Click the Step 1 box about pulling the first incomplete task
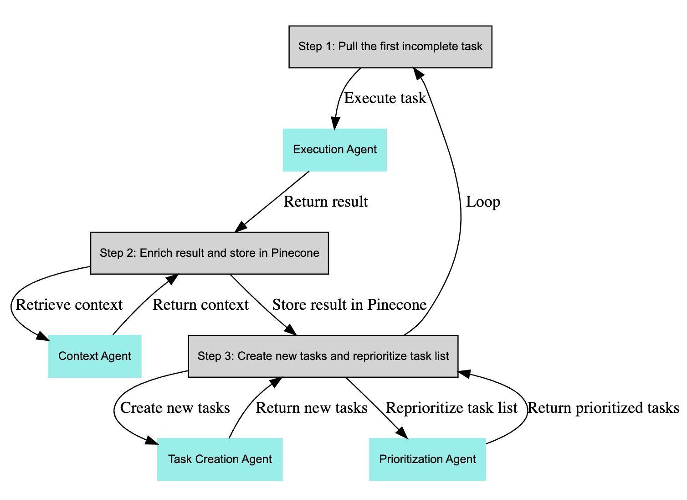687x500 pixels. click(x=390, y=47)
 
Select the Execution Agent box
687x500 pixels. click(x=335, y=150)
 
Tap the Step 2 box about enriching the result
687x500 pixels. click(x=210, y=253)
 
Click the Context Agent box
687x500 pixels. click(x=95, y=356)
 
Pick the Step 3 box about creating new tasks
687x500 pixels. click(x=323, y=356)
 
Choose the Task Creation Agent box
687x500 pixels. click(x=220, y=459)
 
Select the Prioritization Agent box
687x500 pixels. click(x=427, y=459)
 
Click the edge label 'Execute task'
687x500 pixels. click(x=385, y=98)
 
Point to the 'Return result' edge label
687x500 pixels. click(x=326, y=202)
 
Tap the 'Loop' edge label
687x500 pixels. click(x=483, y=202)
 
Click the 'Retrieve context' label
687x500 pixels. click(x=69, y=305)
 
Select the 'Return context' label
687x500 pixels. click(x=200, y=305)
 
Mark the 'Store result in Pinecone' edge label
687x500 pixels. click(x=349, y=305)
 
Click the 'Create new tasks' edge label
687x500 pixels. click(x=175, y=408)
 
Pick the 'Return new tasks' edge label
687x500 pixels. click(x=312, y=408)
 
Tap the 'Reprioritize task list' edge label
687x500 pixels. click(x=451, y=408)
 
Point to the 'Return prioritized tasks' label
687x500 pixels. click(x=603, y=408)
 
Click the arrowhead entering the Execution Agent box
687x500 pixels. click(x=335, y=124)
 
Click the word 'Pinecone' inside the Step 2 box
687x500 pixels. click(x=295, y=253)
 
